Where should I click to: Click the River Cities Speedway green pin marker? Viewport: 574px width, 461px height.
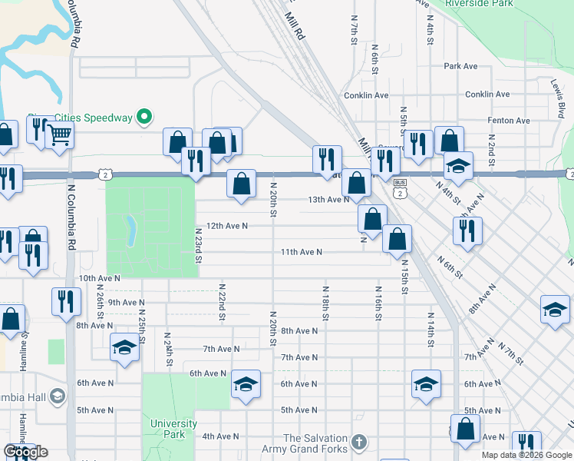click(143, 117)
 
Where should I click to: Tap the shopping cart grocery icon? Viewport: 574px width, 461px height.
click(60, 135)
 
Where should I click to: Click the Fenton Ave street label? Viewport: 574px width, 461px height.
click(510, 121)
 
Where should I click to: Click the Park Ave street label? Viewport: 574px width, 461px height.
click(460, 67)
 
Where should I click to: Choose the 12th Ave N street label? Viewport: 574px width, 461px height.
click(222, 226)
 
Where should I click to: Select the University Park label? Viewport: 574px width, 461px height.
click(173, 429)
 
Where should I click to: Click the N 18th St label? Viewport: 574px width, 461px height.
click(325, 304)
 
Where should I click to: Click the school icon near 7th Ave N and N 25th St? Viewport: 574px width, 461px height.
click(124, 348)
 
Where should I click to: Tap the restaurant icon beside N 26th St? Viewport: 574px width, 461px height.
click(66, 301)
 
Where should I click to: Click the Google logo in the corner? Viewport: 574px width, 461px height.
click(25, 452)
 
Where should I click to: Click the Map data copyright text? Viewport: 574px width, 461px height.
click(526, 455)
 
